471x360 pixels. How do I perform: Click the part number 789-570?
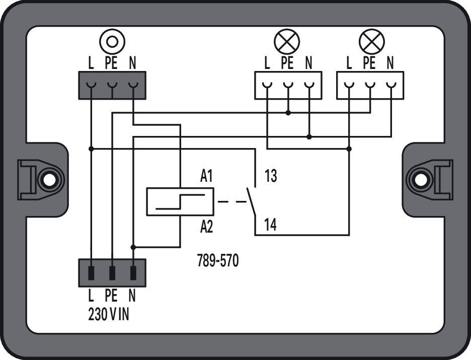tap(217, 261)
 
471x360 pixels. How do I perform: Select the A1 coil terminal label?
tap(206, 177)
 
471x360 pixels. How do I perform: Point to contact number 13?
tap(270, 177)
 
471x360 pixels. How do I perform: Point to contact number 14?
tap(270, 225)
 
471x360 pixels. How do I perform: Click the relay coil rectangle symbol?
tap(180, 202)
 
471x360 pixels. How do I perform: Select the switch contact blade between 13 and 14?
tap(251, 202)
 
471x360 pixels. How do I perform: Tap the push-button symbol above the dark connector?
tap(112, 40)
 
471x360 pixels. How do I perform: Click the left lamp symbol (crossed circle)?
tap(287, 40)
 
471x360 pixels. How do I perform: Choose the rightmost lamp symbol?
tap(372, 40)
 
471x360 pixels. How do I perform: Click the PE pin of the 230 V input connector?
tap(112, 272)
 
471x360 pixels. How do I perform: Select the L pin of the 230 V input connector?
tap(91, 272)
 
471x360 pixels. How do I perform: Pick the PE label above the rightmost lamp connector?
tap(369, 63)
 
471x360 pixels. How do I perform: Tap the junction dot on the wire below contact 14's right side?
tap(349, 149)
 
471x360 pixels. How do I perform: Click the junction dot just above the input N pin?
tap(133, 247)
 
